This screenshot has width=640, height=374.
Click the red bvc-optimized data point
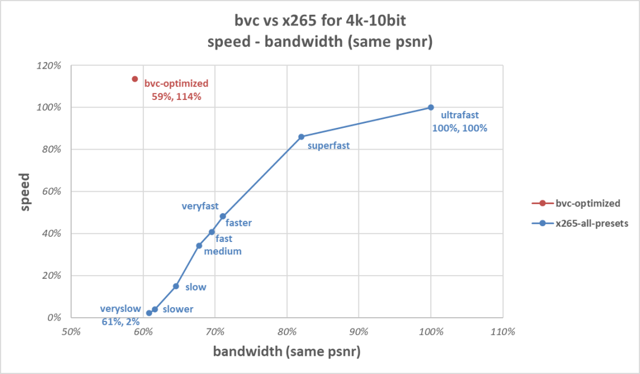point(135,79)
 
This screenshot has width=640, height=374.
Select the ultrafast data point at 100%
point(431,107)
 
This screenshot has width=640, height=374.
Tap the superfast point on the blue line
point(301,137)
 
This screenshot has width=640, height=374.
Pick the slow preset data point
point(176,286)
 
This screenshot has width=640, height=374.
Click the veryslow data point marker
point(149,313)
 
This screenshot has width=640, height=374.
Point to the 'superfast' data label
point(328,145)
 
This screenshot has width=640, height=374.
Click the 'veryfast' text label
point(200,206)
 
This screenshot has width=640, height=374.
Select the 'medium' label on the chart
point(222,251)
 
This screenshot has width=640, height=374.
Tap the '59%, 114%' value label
point(177,96)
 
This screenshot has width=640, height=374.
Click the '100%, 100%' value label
point(460,128)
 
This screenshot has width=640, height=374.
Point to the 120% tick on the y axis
point(49,66)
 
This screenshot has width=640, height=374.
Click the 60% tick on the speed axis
point(51,192)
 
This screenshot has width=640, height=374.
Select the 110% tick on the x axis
point(503,332)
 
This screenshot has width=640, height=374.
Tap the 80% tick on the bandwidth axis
point(287,332)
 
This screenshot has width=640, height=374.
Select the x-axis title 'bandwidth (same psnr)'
point(287,352)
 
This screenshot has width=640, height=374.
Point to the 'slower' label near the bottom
point(178,309)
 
